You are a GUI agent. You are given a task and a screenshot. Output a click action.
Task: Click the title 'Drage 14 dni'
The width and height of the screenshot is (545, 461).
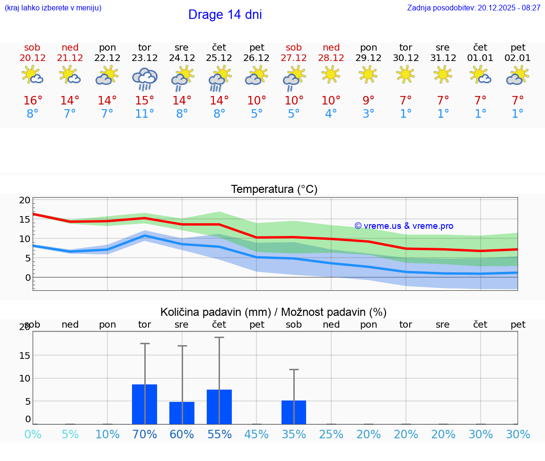[225, 15]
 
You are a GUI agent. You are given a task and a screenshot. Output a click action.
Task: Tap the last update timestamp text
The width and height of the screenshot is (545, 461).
[474, 8]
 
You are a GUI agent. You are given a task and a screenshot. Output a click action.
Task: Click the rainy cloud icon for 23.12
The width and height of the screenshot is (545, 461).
[144, 78]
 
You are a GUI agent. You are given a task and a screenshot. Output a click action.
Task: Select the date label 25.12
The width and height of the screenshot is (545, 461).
[219, 58]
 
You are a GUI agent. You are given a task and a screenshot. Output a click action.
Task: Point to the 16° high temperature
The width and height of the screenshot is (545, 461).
[33, 100]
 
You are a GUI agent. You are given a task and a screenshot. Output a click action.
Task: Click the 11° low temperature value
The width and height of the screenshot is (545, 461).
[144, 114]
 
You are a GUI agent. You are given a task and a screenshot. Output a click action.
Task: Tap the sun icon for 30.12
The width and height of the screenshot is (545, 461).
[405, 74]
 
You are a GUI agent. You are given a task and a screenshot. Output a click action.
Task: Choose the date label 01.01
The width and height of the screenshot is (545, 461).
[480, 58]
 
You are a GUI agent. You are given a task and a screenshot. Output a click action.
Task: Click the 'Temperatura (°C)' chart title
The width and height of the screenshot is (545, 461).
[274, 190]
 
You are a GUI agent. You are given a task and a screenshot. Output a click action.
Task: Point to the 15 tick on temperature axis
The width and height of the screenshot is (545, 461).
[25, 219]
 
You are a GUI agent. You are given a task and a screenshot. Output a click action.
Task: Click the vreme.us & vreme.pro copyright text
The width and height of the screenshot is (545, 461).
[404, 226]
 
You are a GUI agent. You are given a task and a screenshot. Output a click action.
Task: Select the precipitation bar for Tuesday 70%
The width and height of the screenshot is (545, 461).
[144, 404]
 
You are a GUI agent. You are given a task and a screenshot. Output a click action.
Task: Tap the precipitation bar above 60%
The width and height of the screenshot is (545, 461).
[182, 413]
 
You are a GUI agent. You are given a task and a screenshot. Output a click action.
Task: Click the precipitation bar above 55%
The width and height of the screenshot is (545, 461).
[219, 407]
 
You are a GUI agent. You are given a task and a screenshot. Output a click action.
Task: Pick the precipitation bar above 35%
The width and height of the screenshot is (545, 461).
[294, 412]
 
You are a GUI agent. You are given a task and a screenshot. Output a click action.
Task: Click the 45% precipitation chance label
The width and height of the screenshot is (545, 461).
[256, 435]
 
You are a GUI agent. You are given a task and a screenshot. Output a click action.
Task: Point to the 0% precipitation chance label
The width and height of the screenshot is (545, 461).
[33, 435]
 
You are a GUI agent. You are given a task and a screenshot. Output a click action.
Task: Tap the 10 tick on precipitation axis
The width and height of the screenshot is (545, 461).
[25, 378]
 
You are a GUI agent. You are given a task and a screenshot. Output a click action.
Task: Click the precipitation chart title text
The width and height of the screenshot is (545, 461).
[273, 312]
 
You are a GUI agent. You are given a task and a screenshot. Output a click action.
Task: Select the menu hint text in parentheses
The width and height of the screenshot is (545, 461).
[53, 8]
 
